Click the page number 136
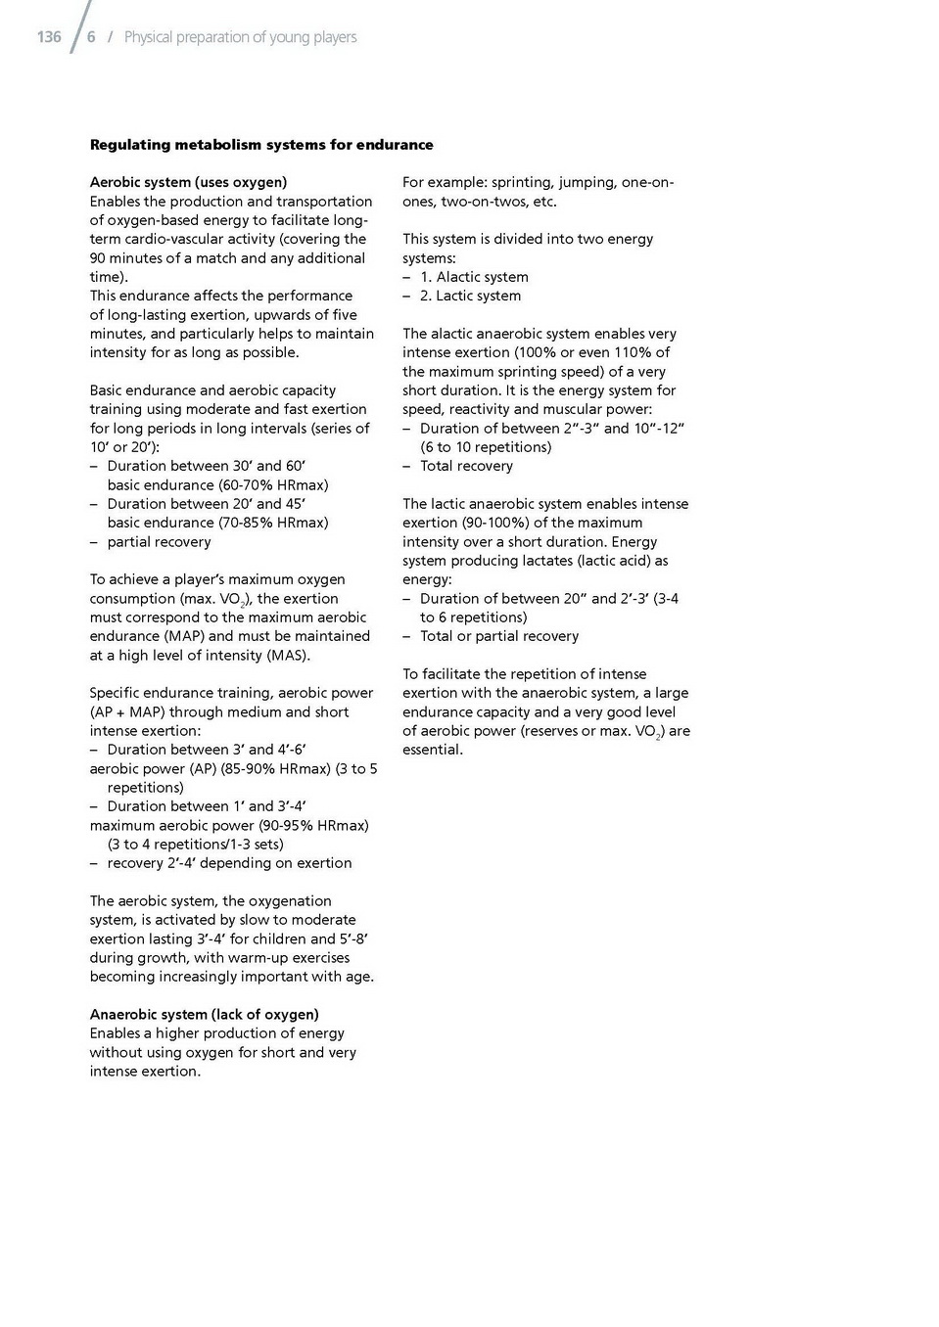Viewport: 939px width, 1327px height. [x=49, y=37]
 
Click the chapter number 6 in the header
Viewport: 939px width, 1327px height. [x=91, y=37]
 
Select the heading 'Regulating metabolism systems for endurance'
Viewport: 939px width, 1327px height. [x=261, y=145]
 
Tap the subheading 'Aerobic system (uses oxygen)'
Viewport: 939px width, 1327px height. [x=188, y=182]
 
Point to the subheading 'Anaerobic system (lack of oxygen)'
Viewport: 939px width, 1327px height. [x=204, y=1014]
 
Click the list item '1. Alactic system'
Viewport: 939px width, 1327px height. [x=474, y=277]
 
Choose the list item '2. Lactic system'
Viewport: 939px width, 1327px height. [x=470, y=296]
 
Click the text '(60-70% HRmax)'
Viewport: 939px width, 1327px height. [x=273, y=484]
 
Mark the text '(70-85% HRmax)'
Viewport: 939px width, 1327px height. [x=273, y=523]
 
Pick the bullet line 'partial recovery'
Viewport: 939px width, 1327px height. [x=159, y=541]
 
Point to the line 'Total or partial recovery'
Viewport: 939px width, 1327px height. [x=498, y=636]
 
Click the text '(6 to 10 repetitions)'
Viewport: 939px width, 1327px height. [x=486, y=447]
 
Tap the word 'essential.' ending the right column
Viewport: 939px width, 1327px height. [x=433, y=750]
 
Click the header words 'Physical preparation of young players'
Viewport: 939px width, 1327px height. [x=240, y=37]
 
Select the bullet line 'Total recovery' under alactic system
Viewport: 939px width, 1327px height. [x=466, y=466]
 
